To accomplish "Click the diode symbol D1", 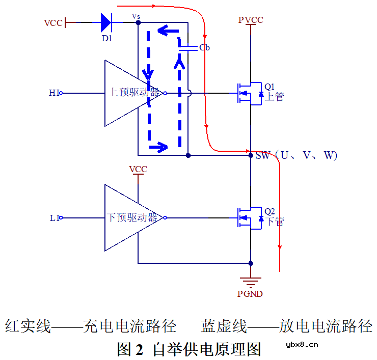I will (x=106, y=22).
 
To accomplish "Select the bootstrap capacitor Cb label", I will (x=204, y=48).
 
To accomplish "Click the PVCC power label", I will (x=251, y=20).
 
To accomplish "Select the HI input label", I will (x=55, y=93).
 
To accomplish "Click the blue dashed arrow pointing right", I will (x=159, y=148).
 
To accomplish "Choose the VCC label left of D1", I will (x=53, y=23).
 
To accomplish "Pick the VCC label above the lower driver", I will (x=138, y=170).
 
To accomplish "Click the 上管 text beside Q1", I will (x=275, y=97).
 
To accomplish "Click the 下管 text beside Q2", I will (x=275, y=221).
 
